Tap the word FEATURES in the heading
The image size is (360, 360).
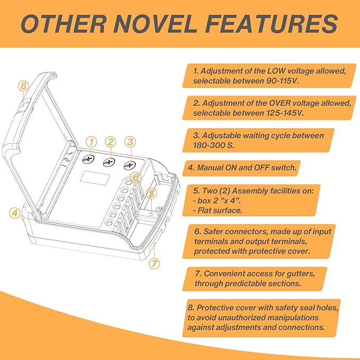(x=272, y=23)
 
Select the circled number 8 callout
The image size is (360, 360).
(x=24, y=86)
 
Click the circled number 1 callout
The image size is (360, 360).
(x=91, y=142)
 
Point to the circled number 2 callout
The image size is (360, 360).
(x=111, y=142)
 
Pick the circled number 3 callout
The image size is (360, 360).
(x=130, y=142)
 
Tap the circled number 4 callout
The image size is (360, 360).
(x=15, y=213)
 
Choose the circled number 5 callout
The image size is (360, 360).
(x=152, y=194)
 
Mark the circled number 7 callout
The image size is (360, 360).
(x=154, y=264)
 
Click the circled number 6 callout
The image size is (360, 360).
(x=136, y=178)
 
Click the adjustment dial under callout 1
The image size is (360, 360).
(x=89, y=159)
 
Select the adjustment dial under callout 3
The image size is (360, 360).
(x=130, y=165)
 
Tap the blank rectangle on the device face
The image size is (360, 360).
(x=95, y=178)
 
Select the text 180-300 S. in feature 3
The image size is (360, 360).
(x=214, y=146)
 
